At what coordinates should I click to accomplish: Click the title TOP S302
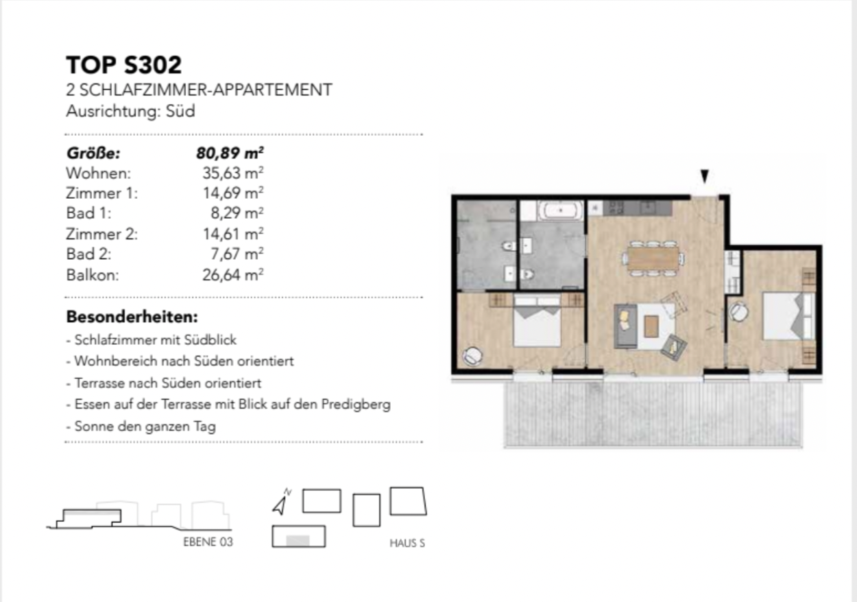click(123, 64)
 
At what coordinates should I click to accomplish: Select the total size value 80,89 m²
click(230, 153)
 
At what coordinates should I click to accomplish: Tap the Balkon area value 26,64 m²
click(232, 275)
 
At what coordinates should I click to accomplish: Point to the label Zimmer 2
click(101, 234)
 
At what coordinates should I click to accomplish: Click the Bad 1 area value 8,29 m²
click(237, 213)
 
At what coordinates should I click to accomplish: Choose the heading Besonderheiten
click(132, 317)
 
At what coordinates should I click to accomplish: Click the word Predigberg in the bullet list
click(356, 405)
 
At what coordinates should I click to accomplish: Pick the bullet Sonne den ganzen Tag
click(141, 426)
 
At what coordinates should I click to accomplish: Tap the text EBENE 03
click(208, 542)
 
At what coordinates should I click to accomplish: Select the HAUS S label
click(407, 543)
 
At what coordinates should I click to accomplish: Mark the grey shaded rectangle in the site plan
click(298, 540)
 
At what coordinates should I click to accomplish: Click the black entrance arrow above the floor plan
click(704, 176)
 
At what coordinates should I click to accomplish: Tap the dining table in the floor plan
click(653, 258)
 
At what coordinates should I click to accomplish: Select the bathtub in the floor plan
click(561, 210)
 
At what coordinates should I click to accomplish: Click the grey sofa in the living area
click(625, 326)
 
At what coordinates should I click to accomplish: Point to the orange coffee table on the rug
click(651, 326)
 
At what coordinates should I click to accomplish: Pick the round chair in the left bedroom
click(472, 356)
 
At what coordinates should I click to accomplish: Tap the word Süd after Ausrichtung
click(180, 111)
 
